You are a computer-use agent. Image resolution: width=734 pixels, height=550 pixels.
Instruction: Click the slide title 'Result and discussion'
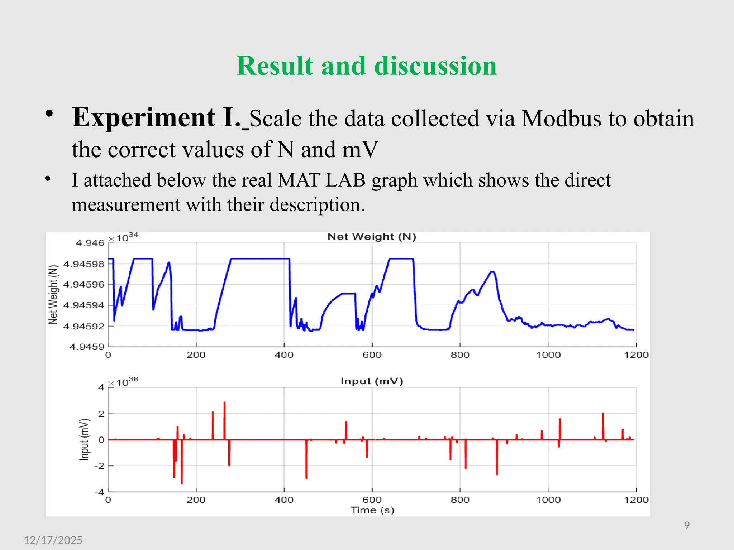click(x=367, y=66)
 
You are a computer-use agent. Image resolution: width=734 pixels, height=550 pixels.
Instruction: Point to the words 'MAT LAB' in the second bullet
click(x=321, y=180)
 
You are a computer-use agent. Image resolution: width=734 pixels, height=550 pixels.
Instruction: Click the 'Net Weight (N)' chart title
click(x=372, y=237)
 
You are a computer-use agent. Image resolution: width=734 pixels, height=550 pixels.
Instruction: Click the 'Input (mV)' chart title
click(x=372, y=381)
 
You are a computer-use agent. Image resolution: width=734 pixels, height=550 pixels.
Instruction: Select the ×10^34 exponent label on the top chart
click(x=123, y=237)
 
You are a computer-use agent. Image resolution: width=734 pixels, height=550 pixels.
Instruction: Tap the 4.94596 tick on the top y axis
click(x=84, y=285)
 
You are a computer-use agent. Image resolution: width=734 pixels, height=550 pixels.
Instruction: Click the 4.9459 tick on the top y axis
click(x=87, y=347)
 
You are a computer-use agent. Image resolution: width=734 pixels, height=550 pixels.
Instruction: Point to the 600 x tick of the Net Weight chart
click(x=372, y=355)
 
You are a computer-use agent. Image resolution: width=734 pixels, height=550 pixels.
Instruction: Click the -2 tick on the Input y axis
click(x=99, y=466)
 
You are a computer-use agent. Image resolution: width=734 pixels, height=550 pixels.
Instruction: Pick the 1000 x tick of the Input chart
click(x=548, y=500)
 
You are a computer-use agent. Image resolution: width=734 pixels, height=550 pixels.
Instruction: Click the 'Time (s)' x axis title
click(x=372, y=510)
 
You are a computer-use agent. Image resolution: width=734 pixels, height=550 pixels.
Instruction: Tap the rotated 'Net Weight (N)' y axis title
click(x=53, y=294)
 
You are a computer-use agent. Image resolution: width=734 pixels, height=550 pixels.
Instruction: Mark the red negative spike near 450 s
click(x=306, y=462)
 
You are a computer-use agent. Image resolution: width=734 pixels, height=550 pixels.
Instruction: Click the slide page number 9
click(x=687, y=525)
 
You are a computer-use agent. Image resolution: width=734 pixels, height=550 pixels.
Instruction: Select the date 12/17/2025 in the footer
click(x=53, y=540)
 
